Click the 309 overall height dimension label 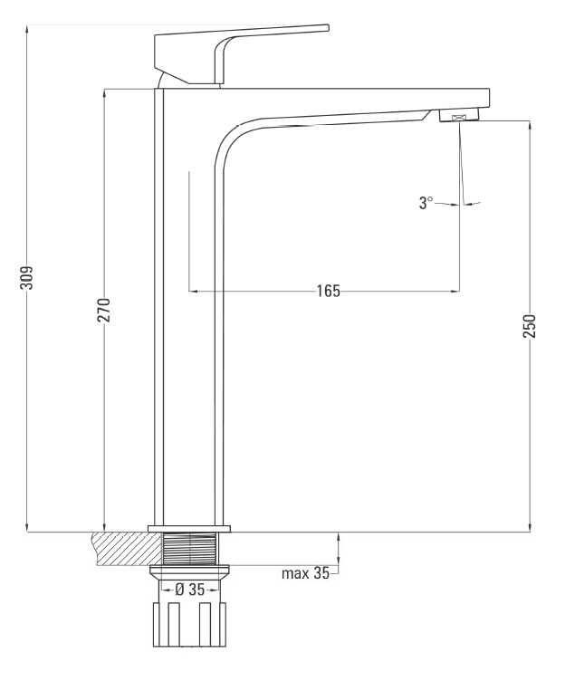point(27,278)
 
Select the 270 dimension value point(104,311)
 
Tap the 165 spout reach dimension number point(329,291)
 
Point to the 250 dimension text point(530,326)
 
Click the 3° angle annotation point(426,203)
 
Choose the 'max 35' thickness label point(305,573)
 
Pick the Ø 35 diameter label point(190,590)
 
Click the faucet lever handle point(242,54)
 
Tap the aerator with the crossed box point(459,116)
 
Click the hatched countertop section point(128,549)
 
